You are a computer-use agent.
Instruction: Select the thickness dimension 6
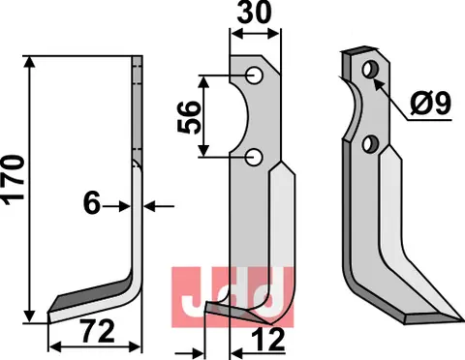92,205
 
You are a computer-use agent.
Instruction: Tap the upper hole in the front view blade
253,75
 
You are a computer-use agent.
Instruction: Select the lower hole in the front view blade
253,155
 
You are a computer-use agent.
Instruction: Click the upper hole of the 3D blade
369,71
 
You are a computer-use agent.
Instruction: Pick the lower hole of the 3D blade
369,143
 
